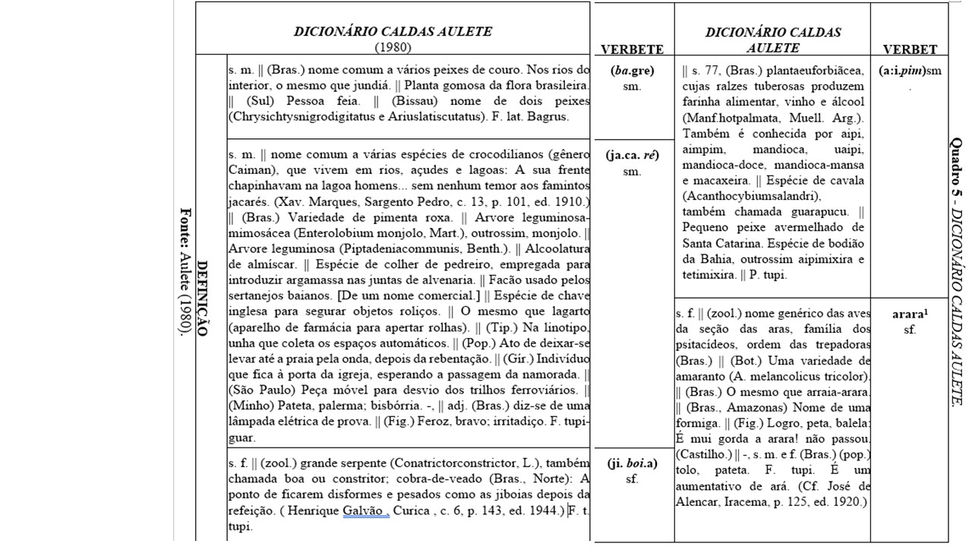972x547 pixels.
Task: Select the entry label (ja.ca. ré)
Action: [x=632, y=156]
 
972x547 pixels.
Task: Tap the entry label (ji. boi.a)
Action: [x=632, y=463]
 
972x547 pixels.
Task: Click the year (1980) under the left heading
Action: [x=393, y=47]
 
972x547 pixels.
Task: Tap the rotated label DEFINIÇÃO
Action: [x=203, y=298]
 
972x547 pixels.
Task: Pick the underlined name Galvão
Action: [x=365, y=511]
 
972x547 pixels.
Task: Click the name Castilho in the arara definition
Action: [x=702, y=456]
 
